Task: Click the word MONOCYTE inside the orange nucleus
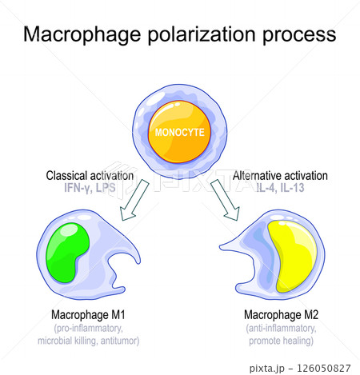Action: tap(180, 133)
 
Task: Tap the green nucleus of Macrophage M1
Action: tap(66, 252)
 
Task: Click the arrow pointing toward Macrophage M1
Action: tap(134, 200)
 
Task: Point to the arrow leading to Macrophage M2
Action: tap(225, 200)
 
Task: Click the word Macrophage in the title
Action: tap(82, 34)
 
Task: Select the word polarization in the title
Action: tap(202, 34)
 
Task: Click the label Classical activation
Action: tap(90, 176)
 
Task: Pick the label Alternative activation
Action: tap(280, 176)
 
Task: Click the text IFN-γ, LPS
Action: tap(90, 188)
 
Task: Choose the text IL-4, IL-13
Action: tap(280, 188)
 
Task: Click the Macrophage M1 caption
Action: tap(88, 315)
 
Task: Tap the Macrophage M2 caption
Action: tap(281, 315)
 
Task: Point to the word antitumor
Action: tap(120, 341)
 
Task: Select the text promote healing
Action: tap(281, 341)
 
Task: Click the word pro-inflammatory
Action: tap(89, 328)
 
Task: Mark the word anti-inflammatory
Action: tap(281, 328)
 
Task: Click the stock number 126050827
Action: tap(324, 368)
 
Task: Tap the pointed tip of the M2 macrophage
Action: tap(220, 248)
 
